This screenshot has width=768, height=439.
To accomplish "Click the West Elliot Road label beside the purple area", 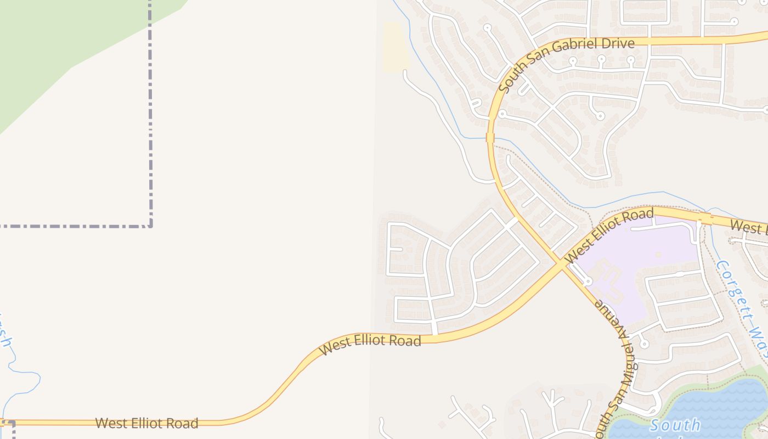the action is [609, 235].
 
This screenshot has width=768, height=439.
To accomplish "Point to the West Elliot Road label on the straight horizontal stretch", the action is [146, 423].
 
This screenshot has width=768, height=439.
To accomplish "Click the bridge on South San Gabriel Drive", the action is [490, 137].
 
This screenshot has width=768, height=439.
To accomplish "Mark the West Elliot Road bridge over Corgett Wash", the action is [705, 218].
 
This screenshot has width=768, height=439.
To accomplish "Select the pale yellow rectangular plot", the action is [395, 47].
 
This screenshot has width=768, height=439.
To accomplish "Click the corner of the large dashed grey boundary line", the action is [150, 225].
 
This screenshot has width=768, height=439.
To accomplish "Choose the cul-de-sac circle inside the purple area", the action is [588, 282].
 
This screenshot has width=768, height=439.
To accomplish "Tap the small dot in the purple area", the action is [658, 255].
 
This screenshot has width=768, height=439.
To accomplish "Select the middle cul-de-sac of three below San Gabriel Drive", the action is [601, 58].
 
